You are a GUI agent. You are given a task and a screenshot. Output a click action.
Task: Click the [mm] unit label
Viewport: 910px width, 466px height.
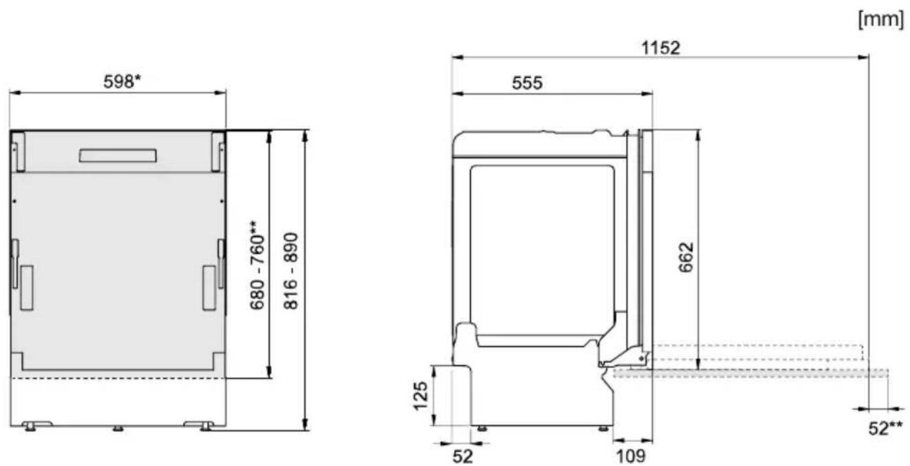click(881, 19)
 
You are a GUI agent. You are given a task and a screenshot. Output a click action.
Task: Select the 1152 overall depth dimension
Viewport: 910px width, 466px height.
click(660, 48)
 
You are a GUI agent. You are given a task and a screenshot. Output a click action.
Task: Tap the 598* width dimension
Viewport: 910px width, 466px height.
click(122, 81)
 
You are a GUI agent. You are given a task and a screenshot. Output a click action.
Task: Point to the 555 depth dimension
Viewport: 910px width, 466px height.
click(527, 83)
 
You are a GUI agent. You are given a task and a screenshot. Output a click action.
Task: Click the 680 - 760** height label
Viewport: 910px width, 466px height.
click(257, 265)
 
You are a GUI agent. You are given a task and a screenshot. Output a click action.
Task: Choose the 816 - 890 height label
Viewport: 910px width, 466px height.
click(291, 271)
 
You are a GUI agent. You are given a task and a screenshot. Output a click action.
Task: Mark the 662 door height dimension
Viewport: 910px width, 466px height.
click(686, 257)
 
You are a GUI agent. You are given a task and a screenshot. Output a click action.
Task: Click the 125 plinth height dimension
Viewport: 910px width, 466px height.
click(420, 396)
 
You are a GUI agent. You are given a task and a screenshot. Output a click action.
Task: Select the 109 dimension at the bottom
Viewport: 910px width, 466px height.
click(631, 456)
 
